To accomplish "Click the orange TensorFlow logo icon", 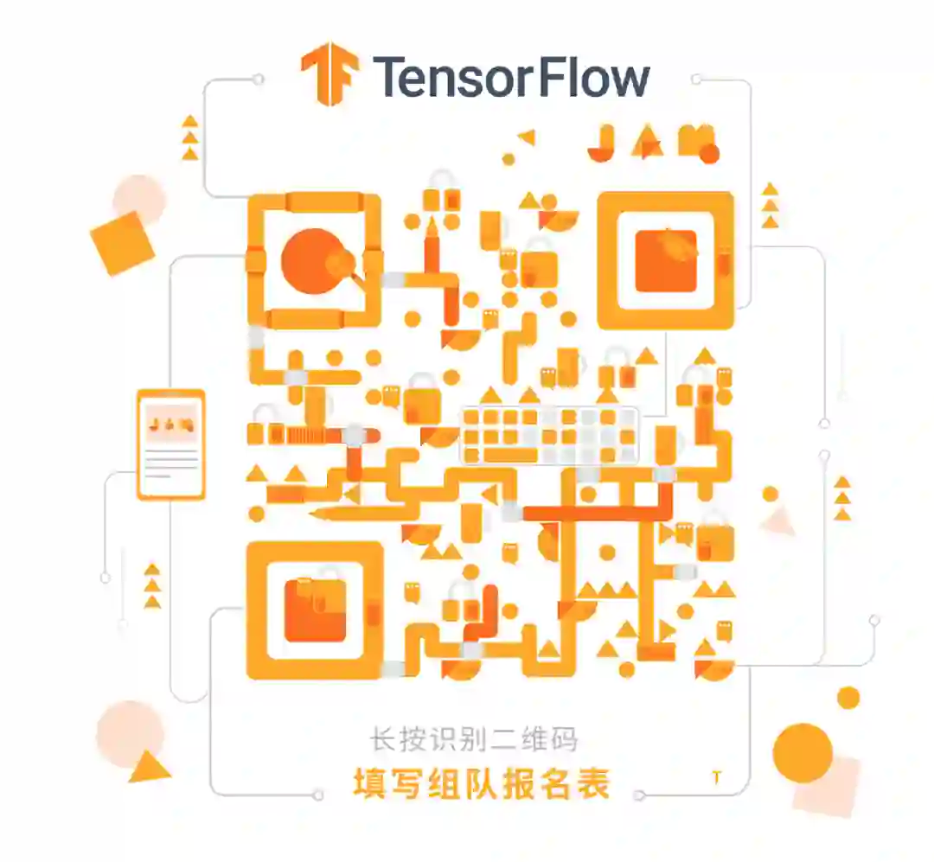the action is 329,75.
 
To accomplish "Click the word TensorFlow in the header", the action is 511,77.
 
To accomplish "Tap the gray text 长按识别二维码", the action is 473,739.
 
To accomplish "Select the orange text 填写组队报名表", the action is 482,783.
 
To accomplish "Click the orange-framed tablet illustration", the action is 171,444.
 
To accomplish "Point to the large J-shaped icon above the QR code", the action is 601,144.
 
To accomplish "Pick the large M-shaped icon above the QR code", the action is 696,142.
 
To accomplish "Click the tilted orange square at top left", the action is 122,243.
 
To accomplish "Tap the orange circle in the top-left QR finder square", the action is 313,260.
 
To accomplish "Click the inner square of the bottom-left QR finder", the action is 315,610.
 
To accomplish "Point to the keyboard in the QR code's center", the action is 550,435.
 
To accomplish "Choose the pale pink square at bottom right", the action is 826,784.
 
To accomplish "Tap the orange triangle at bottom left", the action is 149,766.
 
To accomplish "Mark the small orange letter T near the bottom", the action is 716,777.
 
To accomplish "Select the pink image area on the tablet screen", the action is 170,423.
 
